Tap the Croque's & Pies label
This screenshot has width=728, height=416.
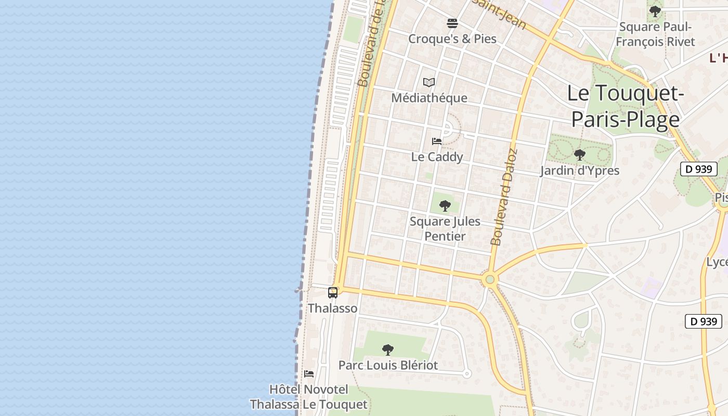click(x=452, y=38)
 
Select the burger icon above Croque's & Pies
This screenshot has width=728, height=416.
click(x=452, y=23)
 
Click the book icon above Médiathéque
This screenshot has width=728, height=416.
click(x=429, y=82)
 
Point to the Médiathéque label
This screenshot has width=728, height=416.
click(x=429, y=98)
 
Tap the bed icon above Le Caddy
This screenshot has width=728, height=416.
click(x=437, y=141)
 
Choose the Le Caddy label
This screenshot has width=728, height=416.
click(x=437, y=157)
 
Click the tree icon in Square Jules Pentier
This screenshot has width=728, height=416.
click(x=445, y=206)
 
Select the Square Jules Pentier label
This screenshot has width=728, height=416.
click(x=445, y=229)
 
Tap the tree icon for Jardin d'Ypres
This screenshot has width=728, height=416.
click(x=579, y=154)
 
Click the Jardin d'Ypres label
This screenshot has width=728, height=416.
click(x=579, y=171)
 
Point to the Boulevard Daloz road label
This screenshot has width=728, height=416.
click(x=503, y=198)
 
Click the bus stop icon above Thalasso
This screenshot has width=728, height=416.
click(x=333, y=293)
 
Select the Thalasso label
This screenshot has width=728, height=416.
click(x=333, y=308)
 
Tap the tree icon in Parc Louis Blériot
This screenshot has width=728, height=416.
click(x=387, y=349)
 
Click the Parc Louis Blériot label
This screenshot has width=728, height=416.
click(x=388, y=365)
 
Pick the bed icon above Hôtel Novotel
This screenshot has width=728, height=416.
click(x=309, y=374)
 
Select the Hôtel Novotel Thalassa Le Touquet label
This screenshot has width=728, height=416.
click(x=308, y=397)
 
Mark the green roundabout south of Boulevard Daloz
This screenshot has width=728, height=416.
click(x=489, y=280)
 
